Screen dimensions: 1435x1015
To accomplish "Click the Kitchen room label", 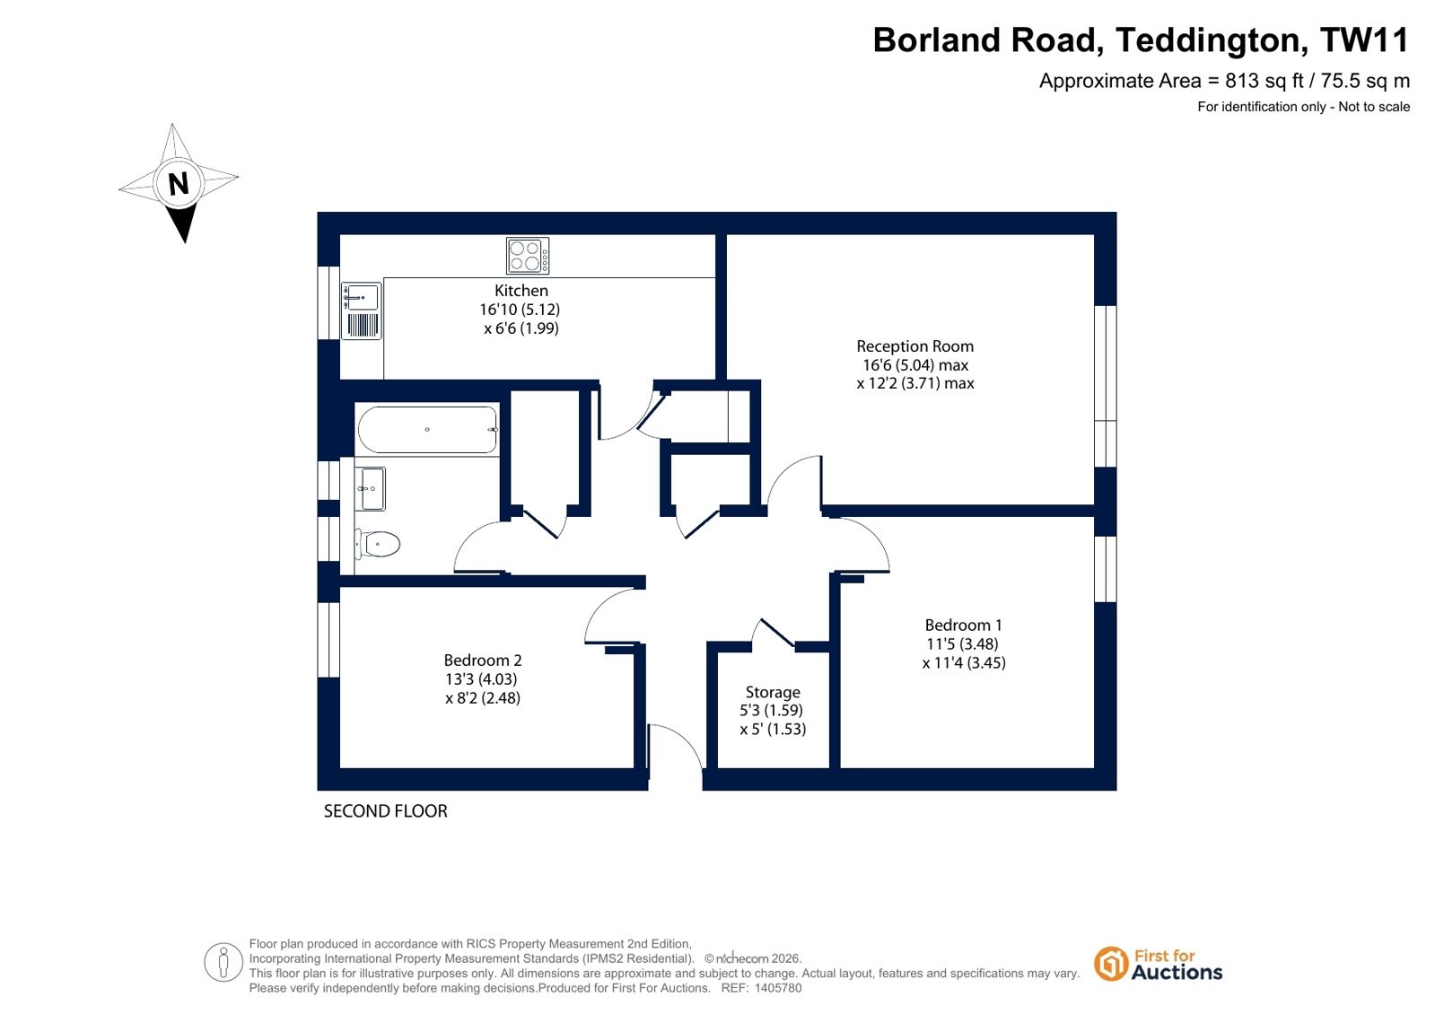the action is [521, 290].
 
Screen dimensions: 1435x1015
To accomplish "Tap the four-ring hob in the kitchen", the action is [527, 256].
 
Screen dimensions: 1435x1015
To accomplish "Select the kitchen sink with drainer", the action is [362, 311].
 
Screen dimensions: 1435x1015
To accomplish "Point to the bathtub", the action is [427, 430].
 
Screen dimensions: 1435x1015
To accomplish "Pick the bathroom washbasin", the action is [371, 489].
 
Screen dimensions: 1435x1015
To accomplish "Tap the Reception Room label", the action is [914, 346].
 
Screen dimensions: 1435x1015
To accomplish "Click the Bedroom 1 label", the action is [963, 625].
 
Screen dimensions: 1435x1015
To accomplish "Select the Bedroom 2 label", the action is [483, 660].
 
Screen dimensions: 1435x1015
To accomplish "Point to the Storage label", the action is [773, 692].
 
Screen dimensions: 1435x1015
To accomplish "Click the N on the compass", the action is [179, 184].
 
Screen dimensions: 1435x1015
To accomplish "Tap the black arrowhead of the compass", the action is [183, 223].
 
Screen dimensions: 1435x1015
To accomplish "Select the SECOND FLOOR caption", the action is [385, 811].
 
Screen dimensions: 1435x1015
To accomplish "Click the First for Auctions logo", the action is [1159, 965].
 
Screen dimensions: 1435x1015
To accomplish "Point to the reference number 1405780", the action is [778, 988].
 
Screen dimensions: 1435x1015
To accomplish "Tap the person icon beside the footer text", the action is [223, 962].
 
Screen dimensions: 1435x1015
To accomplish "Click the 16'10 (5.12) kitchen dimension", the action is [520, 310].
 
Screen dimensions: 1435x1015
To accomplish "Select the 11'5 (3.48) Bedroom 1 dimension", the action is [962, 644].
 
